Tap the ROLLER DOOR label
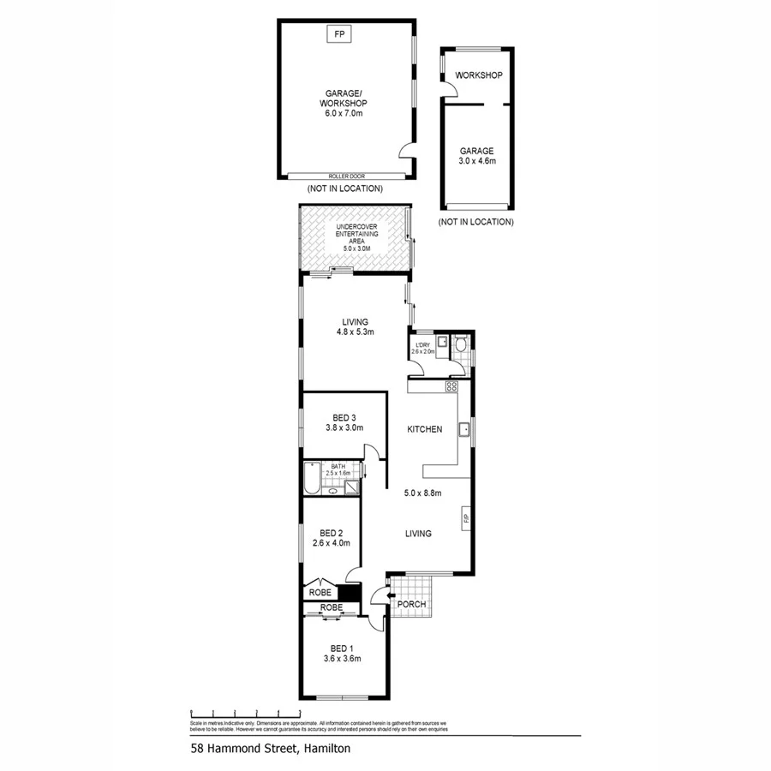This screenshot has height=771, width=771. (347, 176)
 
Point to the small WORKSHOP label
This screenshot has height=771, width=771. (478, 75)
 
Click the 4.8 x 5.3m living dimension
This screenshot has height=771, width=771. (354, 332)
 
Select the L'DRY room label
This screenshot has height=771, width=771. (423, 344)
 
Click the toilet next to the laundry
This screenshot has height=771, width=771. (461, 345)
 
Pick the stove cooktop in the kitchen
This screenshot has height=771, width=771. (451, 387)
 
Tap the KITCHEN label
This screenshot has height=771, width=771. (424, 429)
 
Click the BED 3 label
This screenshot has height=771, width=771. (344, 417)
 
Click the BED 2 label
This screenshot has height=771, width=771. (332, 532)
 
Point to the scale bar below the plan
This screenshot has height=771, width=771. (245, 712)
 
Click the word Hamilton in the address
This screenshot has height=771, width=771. (325, 748)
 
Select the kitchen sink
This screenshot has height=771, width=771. (463, 428)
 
